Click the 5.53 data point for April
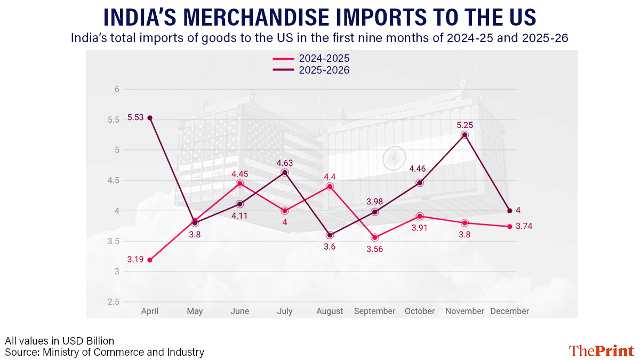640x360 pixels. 150,118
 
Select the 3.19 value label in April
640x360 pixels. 135,260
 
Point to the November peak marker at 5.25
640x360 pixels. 465,135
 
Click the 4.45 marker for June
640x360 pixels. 240,183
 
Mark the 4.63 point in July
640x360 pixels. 285,173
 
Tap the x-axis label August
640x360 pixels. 330,311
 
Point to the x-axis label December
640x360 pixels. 509,311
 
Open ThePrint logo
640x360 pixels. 601,350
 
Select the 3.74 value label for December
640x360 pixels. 524,226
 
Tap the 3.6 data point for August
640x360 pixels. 330,235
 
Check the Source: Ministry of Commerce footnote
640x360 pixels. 105,352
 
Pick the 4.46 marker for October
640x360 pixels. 420,183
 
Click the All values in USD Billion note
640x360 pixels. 59,341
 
